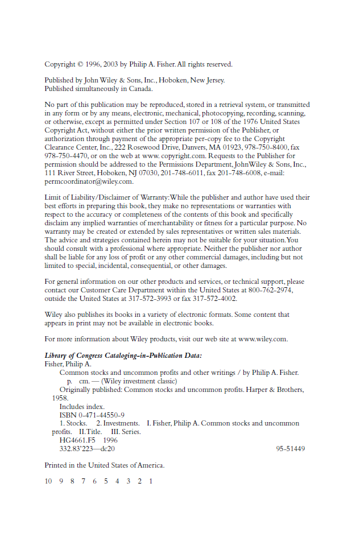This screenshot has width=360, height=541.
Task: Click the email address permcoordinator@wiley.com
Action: coord(89,181)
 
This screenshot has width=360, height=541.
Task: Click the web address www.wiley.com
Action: coord(263,339)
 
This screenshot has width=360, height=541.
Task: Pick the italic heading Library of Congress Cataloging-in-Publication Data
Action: coord(123,356)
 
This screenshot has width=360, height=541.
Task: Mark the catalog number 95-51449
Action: coord(291,448)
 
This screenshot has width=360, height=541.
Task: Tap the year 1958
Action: coord(60,398)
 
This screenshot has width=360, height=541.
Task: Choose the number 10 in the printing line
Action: coord(48,481)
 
